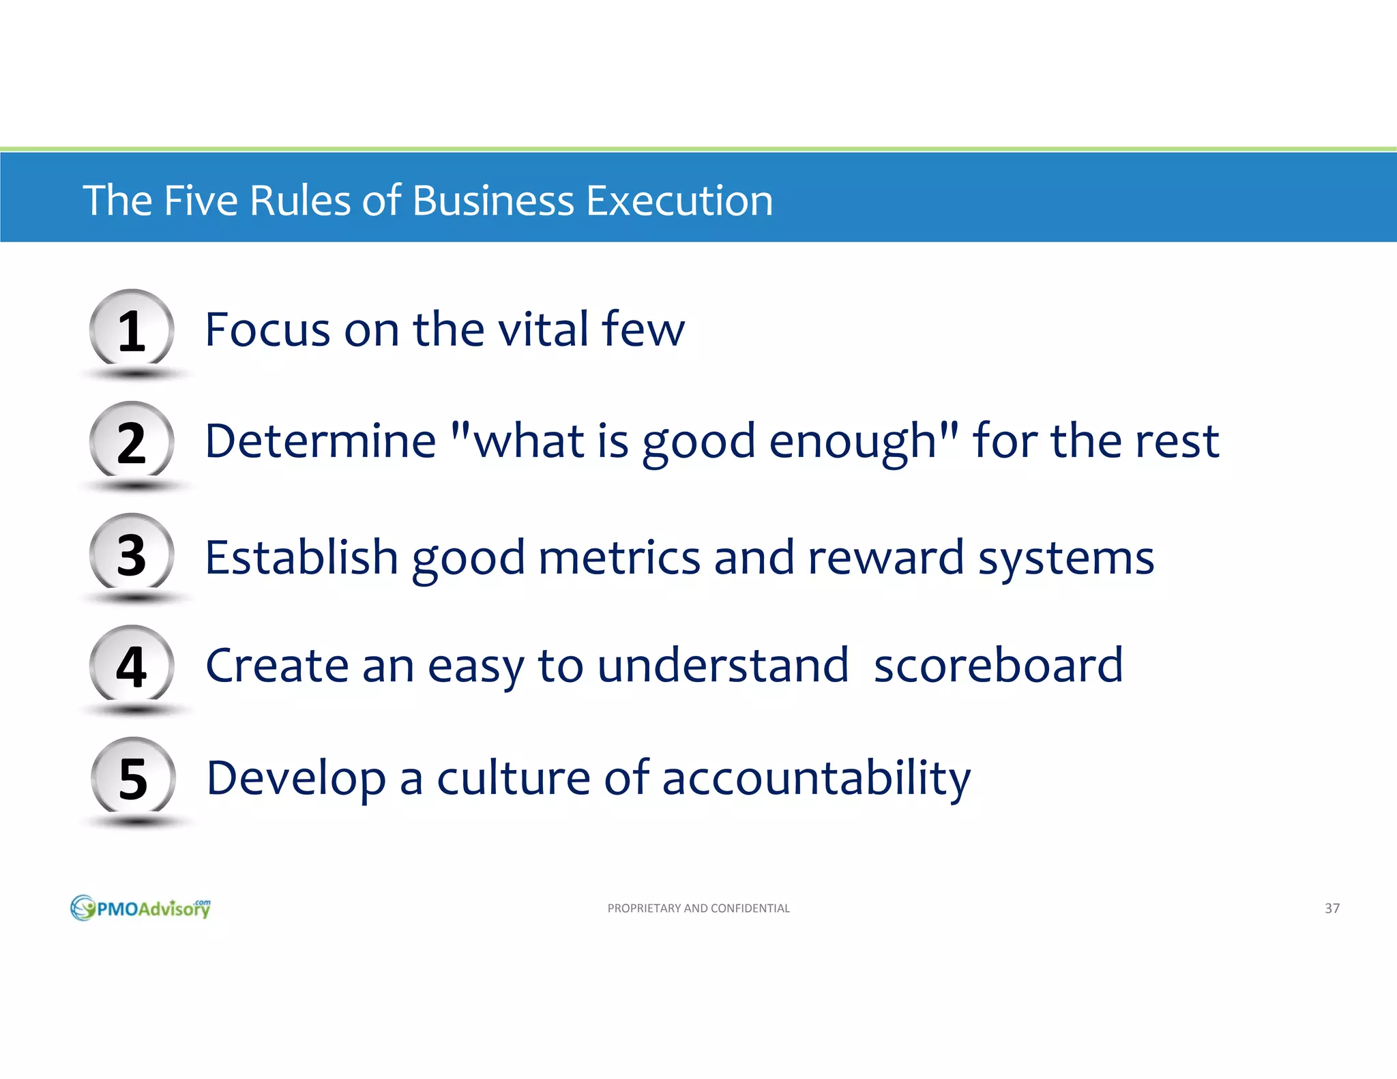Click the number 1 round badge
[132, 330]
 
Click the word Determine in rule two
[320, 441]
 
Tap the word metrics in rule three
[619, 558]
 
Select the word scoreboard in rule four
[998, 666]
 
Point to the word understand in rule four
[722, 666]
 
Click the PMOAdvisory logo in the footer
[141, 908]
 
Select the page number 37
[1332, 908]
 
